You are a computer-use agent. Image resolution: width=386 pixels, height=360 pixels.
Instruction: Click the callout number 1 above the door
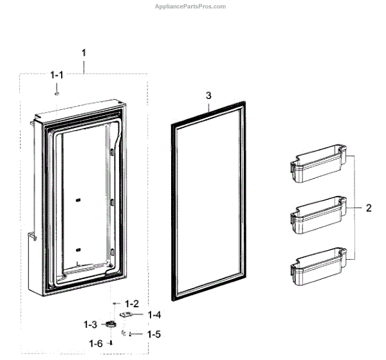84,52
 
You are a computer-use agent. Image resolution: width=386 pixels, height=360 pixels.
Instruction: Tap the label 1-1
57,76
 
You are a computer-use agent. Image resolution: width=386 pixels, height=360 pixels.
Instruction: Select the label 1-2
132,303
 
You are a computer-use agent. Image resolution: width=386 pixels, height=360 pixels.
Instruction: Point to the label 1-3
90,324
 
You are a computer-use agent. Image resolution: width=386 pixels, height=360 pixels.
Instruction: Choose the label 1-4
154,314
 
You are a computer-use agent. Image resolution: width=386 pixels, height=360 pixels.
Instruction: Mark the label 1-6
96,343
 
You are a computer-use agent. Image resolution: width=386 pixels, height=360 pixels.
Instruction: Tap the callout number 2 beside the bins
368,208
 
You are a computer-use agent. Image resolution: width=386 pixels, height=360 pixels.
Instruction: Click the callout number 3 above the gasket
208,95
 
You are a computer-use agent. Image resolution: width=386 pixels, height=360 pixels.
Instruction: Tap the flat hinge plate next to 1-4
128,316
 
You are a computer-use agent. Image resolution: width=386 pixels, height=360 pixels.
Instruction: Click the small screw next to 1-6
111,343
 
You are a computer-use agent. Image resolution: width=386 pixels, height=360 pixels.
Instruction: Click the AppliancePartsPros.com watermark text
190,6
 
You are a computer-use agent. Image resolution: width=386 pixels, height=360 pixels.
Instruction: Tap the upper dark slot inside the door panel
77,200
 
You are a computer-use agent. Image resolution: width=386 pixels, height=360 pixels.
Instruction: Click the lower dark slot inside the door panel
77,249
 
